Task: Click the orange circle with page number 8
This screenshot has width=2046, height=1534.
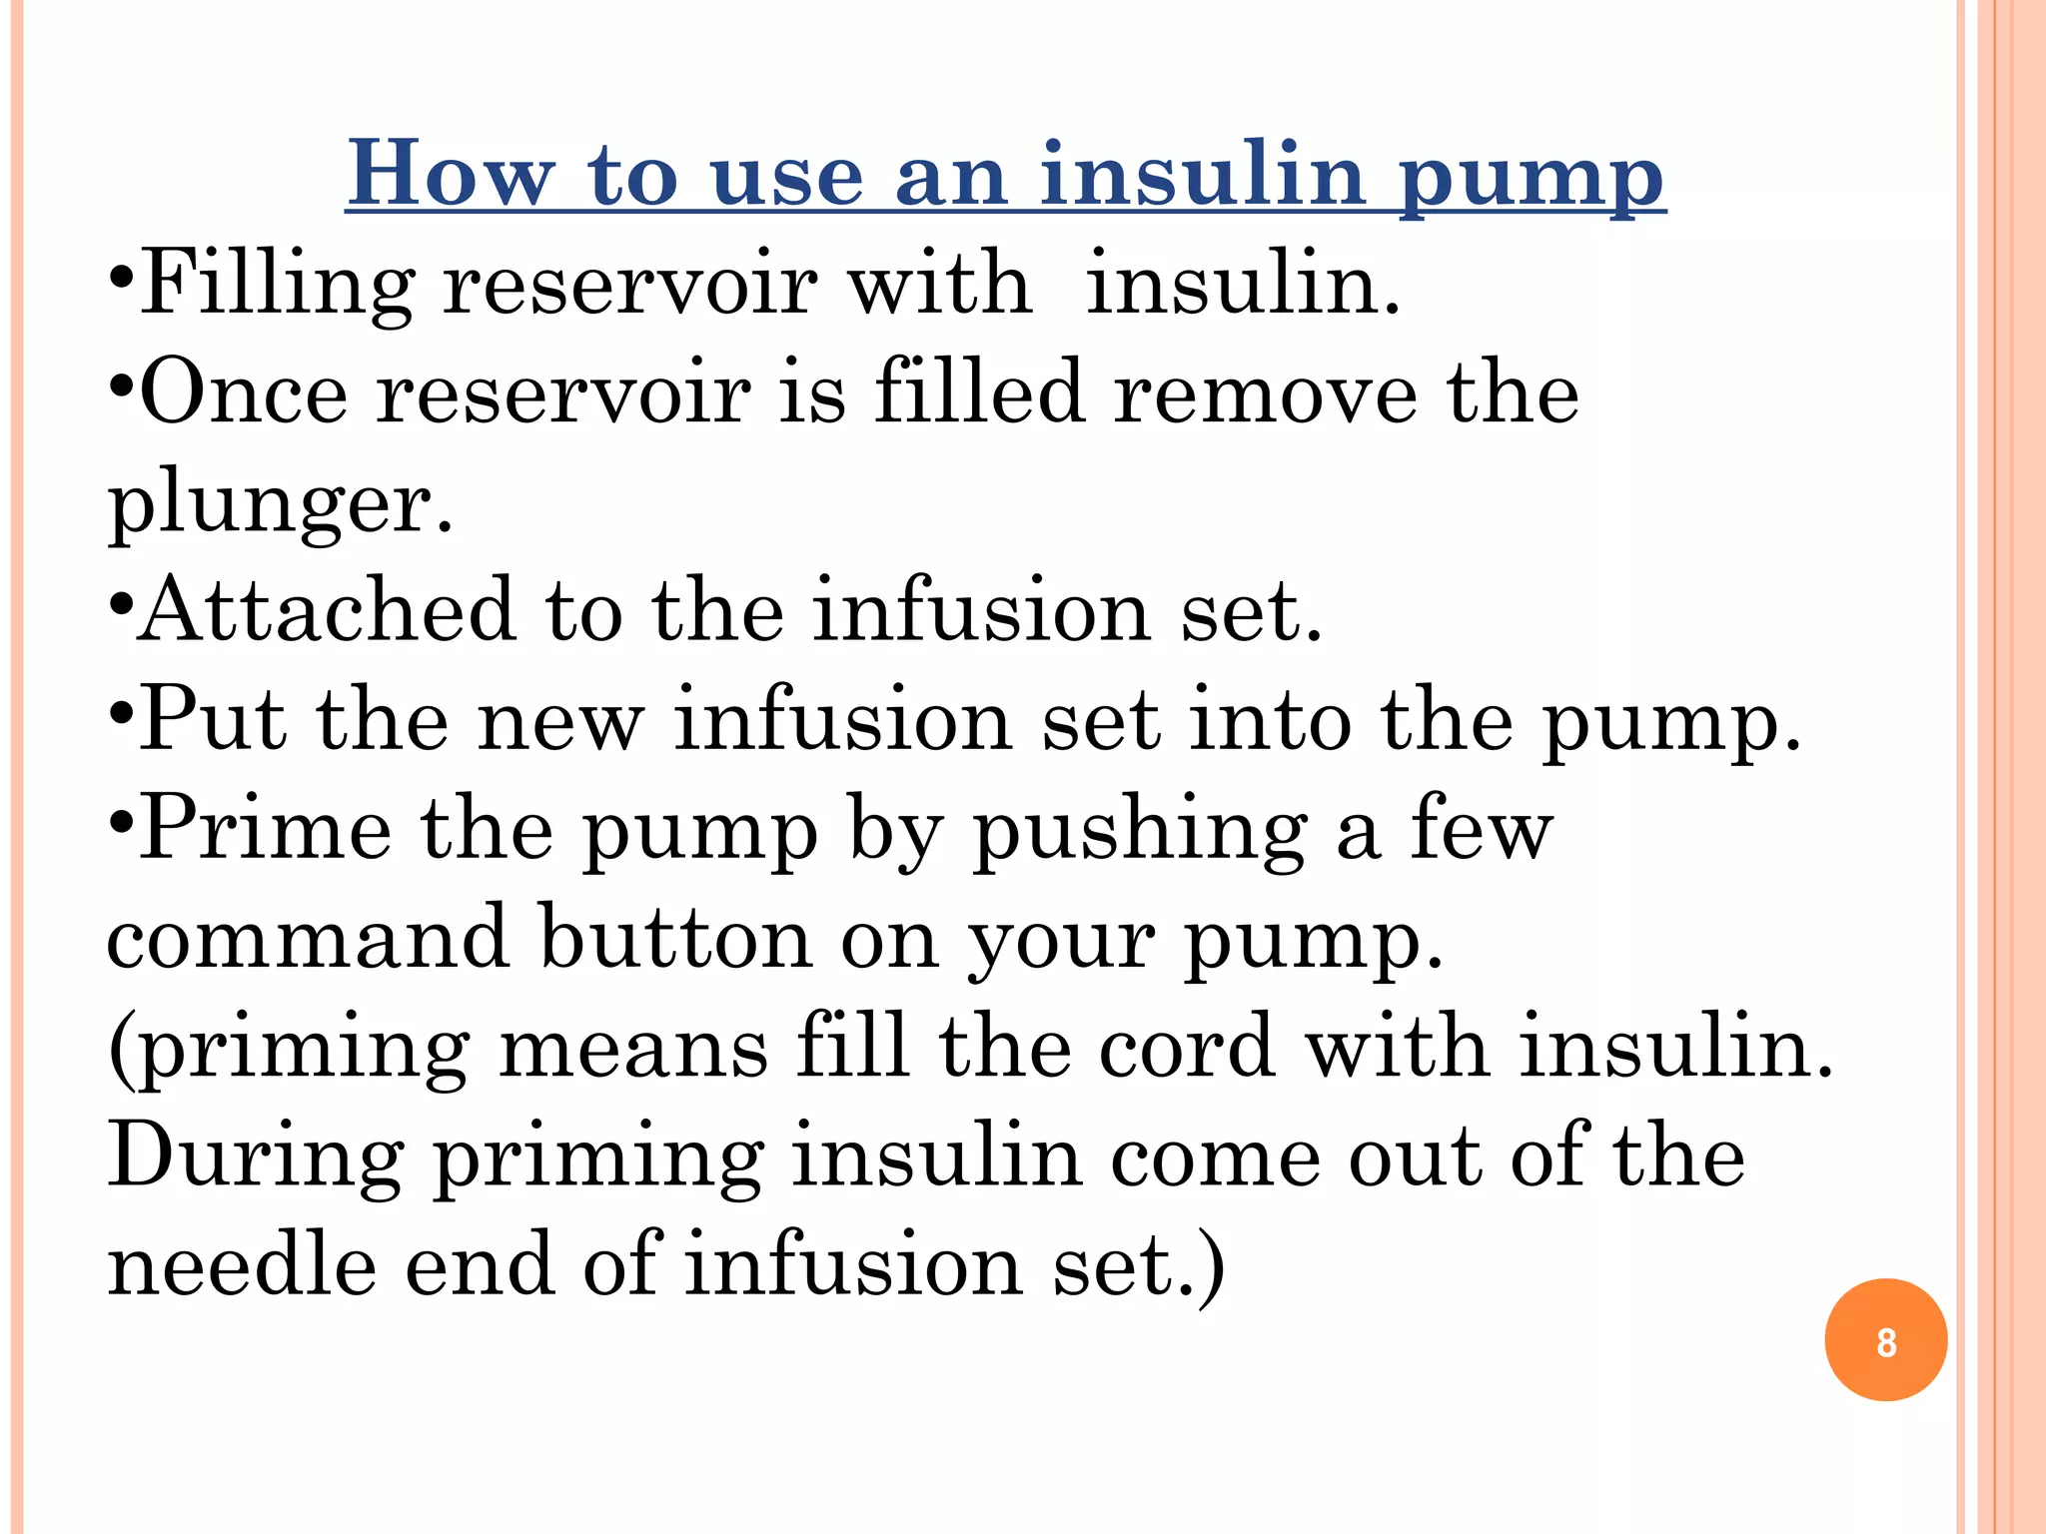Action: pyautogui.click(x=1885, y=1339)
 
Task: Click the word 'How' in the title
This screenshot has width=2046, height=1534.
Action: pyautogui.click(x=450, y=174)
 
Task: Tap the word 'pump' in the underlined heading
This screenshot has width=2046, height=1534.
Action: pyautogui.click(x=1531, y=176)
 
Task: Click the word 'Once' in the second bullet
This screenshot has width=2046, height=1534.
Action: pyautogui.click(x=244, y=392)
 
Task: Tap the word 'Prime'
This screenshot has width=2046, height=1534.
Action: pyautogui.click(x=265, y=828)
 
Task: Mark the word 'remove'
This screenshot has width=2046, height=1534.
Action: pyautogui.click(x=1265, y=392)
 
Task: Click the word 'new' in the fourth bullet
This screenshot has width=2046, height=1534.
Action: pyautogui.click(x=560, y=719)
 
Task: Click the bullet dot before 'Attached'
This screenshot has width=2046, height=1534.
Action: pyautogui.click(x=120, y=606)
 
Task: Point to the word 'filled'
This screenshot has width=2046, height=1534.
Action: pyautogui.click(x=979, y=392)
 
